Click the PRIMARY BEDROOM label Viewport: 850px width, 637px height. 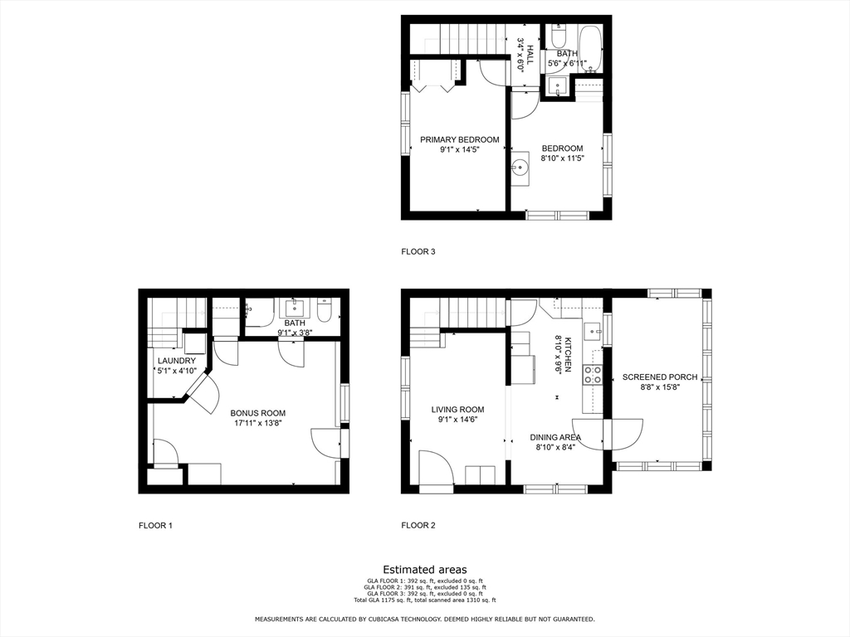coord(459,139)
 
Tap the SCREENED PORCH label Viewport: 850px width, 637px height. coord(660,377)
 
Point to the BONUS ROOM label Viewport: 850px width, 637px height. coord(258,413)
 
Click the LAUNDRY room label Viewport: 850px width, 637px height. coord(177,361)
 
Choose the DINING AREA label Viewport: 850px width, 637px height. coord(555,437)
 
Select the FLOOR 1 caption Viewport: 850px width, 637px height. coord(155,525)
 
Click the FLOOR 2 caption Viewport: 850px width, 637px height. coord(418,525)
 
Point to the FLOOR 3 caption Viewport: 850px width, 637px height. coord(418,251)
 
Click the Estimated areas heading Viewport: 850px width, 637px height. coord(424,569)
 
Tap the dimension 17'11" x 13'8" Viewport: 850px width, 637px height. coord(258,423)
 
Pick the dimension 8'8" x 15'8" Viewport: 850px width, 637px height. coord(660,387)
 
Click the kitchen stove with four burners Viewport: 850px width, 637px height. coord(593,375)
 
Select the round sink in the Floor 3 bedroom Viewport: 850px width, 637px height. coord(520,166)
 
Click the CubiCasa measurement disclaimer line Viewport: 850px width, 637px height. coord(424,619)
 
